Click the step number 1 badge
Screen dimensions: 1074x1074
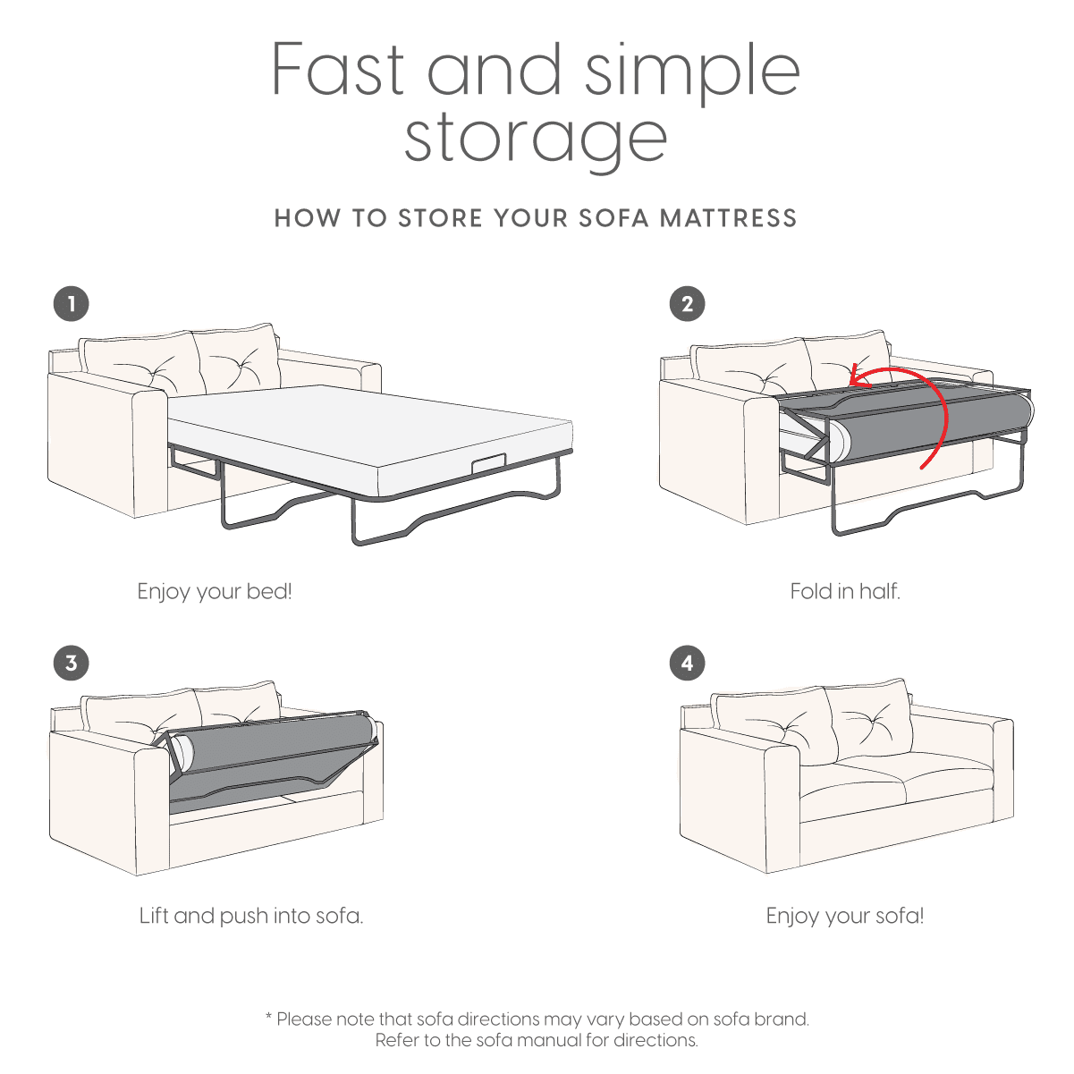[72, 303]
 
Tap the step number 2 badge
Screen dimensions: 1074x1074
[687, 303]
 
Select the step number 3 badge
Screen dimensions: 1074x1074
[72, 663]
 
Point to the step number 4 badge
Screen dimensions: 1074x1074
[687, 663]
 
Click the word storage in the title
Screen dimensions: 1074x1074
[536, 139]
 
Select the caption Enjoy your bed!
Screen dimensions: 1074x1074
[215, 591]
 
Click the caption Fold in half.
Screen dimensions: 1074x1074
[845, 591]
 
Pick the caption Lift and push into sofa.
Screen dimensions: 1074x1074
[251, 916]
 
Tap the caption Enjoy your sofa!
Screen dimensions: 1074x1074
[845, 916]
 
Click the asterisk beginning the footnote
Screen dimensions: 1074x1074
[268, 1017]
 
